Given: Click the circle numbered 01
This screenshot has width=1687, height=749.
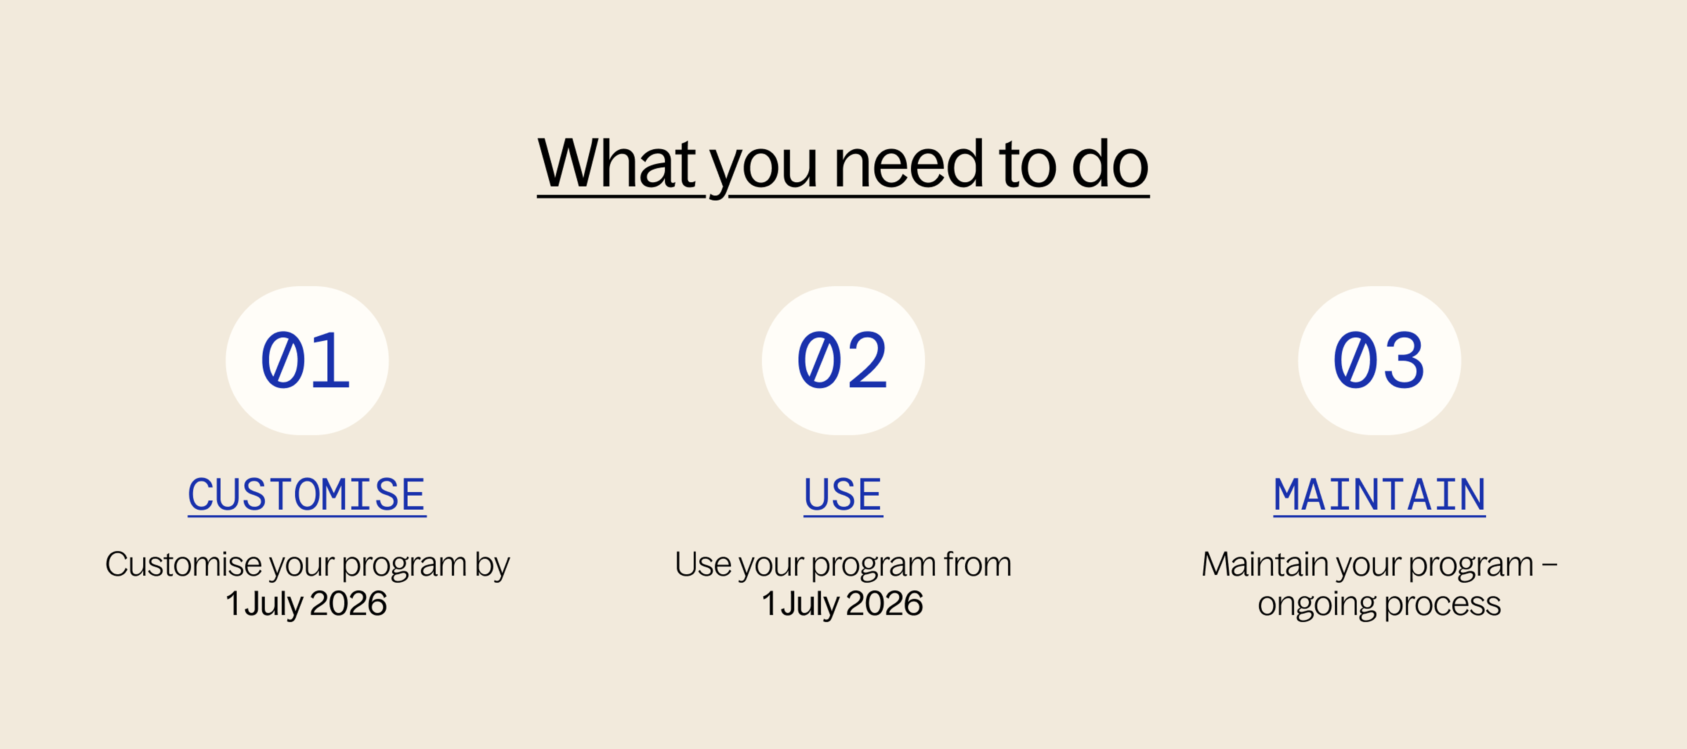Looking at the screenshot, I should (307, 361).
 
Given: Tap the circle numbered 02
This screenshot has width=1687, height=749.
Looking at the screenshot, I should (843, 361).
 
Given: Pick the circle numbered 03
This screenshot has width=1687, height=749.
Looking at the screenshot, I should (1379, 361).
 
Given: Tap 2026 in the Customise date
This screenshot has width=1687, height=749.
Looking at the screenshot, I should (348, 604).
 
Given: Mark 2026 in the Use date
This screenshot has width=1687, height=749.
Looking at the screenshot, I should (884, 604).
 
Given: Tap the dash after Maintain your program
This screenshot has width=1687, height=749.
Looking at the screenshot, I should (1549, 565).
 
